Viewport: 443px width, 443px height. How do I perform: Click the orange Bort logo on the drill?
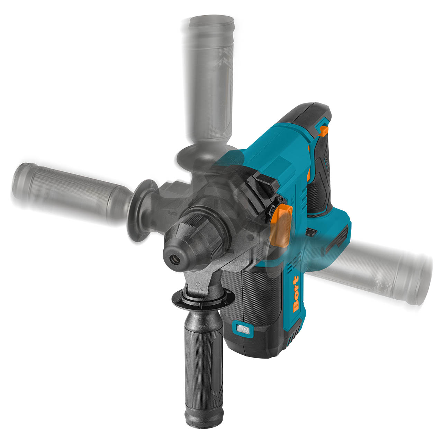[x=296, y=294]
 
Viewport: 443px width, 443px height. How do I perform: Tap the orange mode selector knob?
[x=281, y=225]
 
